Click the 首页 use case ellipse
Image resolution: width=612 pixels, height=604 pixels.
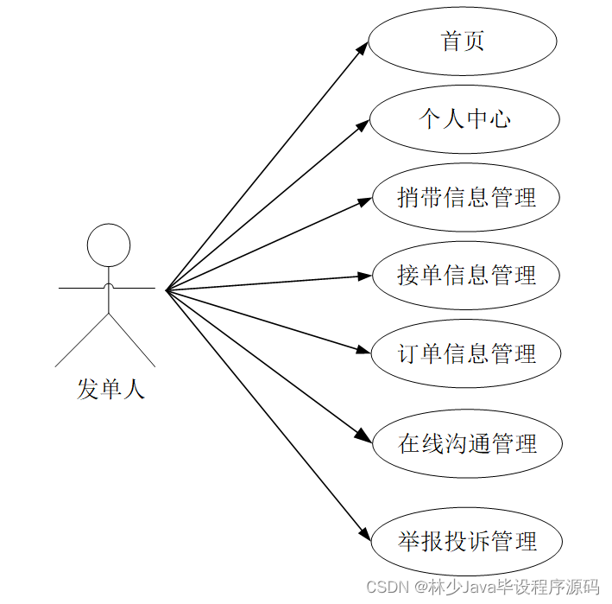[x=463, y=41]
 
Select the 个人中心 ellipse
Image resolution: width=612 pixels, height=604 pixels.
[x=464, y=119]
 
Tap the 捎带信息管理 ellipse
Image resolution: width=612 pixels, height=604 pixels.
[x=466, y=197]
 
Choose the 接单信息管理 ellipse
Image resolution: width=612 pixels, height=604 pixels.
[x=466, y=276]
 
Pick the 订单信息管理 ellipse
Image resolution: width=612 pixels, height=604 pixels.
[x=466, y=353]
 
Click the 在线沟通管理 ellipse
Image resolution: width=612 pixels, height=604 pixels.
[x=467, y=444]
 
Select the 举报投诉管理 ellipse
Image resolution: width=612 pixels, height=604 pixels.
[x=467, y=542]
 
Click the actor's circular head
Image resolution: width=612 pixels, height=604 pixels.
[x=109, y=245]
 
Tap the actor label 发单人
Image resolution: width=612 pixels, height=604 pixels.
[x=110, y=390]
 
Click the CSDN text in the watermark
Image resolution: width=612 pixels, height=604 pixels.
[x=385, y=588]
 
